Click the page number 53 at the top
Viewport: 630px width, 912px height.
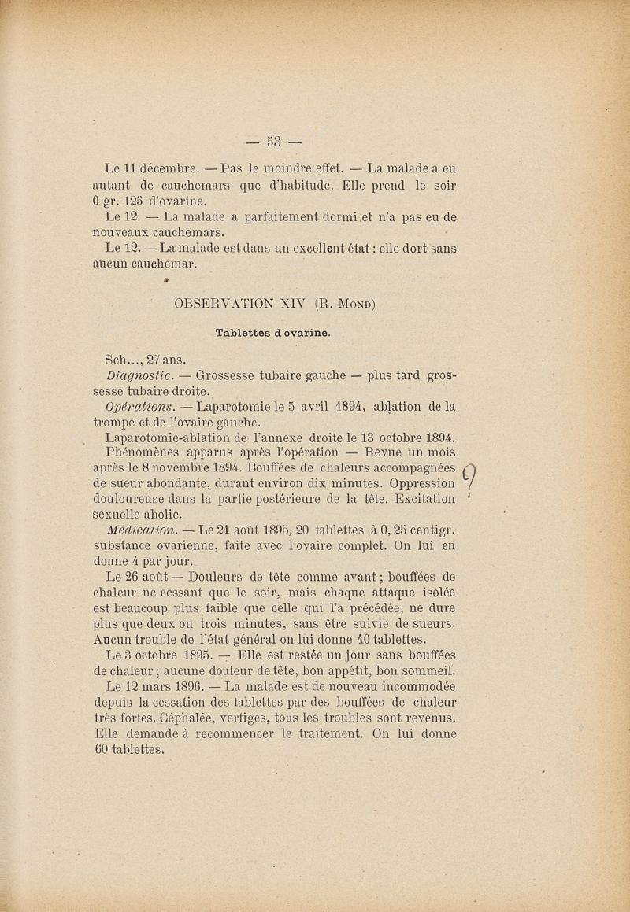click(273, 142)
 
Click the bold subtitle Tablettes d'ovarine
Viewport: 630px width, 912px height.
click(272, 333)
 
